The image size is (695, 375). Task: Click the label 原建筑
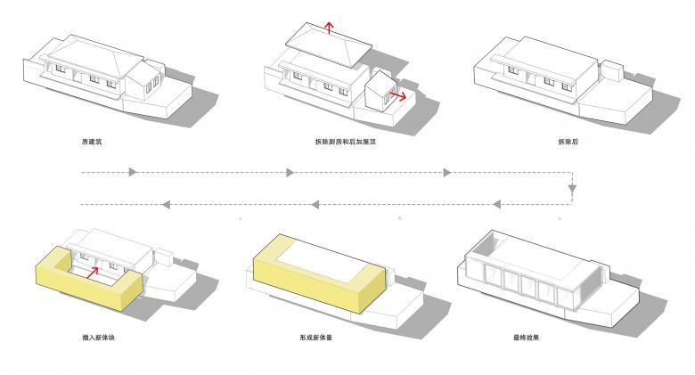pos(92,142)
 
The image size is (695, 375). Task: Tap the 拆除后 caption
pos(568,142)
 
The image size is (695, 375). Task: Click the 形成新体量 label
pos(317,338)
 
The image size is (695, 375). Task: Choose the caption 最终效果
pos(526,338)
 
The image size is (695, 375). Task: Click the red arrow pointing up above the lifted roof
pos(329,27)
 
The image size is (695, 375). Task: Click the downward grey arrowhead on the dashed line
pos(572,189)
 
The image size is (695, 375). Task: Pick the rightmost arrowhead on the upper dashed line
pos(447,171)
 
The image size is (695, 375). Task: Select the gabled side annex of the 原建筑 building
pos(143,82)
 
